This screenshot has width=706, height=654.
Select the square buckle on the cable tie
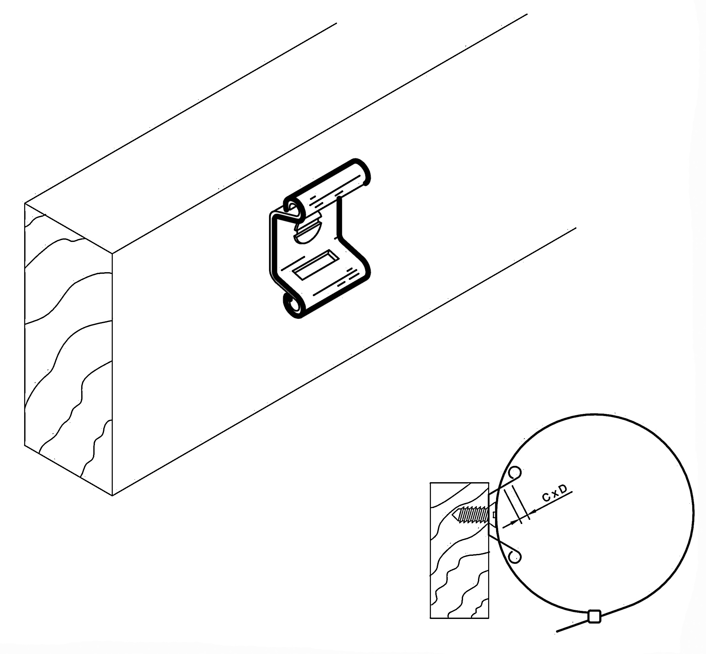594,616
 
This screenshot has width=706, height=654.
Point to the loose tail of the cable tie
572,625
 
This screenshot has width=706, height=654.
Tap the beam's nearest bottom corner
112,496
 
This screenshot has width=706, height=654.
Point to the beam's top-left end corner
25,203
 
